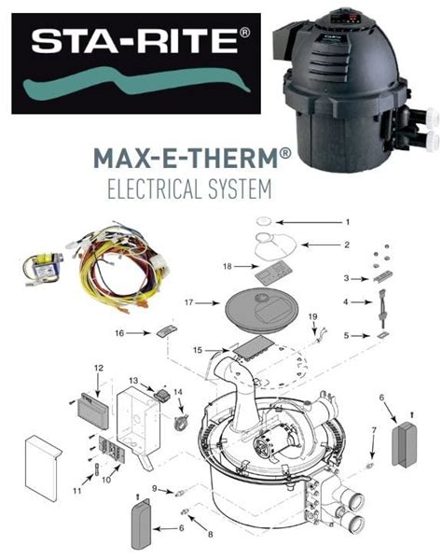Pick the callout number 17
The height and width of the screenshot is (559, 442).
coord(188,301)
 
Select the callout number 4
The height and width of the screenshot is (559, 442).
coord(348,302)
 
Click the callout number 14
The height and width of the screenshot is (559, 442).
coord(179,392)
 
